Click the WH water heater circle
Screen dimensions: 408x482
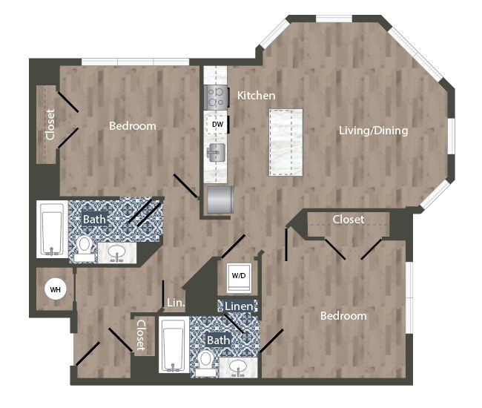(x=55, y=289)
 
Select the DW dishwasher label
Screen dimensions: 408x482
(x=217, y=124)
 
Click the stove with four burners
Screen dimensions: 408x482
(x=216, y=96)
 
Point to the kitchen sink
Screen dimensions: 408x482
(x=216, y=154)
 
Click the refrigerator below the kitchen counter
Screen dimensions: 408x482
(x=220, y=200)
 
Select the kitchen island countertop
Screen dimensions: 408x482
(x=285, y=142)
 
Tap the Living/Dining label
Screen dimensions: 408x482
(x=373, y=131)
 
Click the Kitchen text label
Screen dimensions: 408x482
(x=256, y=96)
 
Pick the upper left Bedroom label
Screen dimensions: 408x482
(x=133, y=126)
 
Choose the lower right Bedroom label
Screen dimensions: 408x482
(x=343, y=316)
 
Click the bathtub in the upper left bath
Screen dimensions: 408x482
(x=52, y=228)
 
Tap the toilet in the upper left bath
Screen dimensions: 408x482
(x=85, y=246)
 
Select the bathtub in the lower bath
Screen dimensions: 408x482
(x=174, y=345)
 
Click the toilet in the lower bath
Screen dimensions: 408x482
(x=205, y=360)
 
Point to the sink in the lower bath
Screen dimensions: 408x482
(x=239, y=365)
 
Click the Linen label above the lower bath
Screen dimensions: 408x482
(x=237, y=306)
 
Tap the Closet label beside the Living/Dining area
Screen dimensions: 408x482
(x=348, y=220)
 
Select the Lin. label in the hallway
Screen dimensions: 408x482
(x=175, y=303)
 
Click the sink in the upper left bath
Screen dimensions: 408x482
(x=117, y=252)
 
